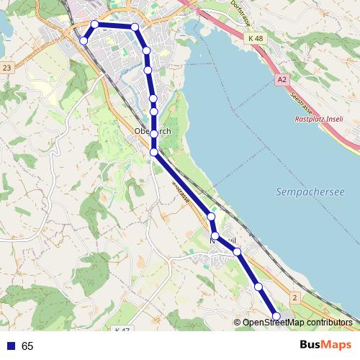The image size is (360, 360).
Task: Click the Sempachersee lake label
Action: [310, 193]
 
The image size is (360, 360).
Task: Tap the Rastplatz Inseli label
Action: [320, 120]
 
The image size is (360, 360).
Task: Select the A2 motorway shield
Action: [282, 82]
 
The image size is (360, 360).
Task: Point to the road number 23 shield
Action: [7, 67]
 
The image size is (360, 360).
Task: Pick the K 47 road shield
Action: [122, 330]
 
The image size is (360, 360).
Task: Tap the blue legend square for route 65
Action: [9, 346]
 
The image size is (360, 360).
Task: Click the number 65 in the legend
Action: [27, 346]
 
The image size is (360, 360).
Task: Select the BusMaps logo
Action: [325, 346]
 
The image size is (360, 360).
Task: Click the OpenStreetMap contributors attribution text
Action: [297, 323]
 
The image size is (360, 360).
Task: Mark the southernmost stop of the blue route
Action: [276, 315]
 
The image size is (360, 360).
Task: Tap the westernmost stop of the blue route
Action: [84, 40]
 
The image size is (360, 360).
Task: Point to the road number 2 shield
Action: [294, 297]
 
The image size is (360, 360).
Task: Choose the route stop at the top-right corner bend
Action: [135, 27]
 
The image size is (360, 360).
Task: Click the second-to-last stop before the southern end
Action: [258, 287]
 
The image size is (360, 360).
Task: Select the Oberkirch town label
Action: [153, 132]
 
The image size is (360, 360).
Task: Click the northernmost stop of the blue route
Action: [94, 24]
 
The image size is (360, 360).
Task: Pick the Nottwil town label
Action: [222, 238]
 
